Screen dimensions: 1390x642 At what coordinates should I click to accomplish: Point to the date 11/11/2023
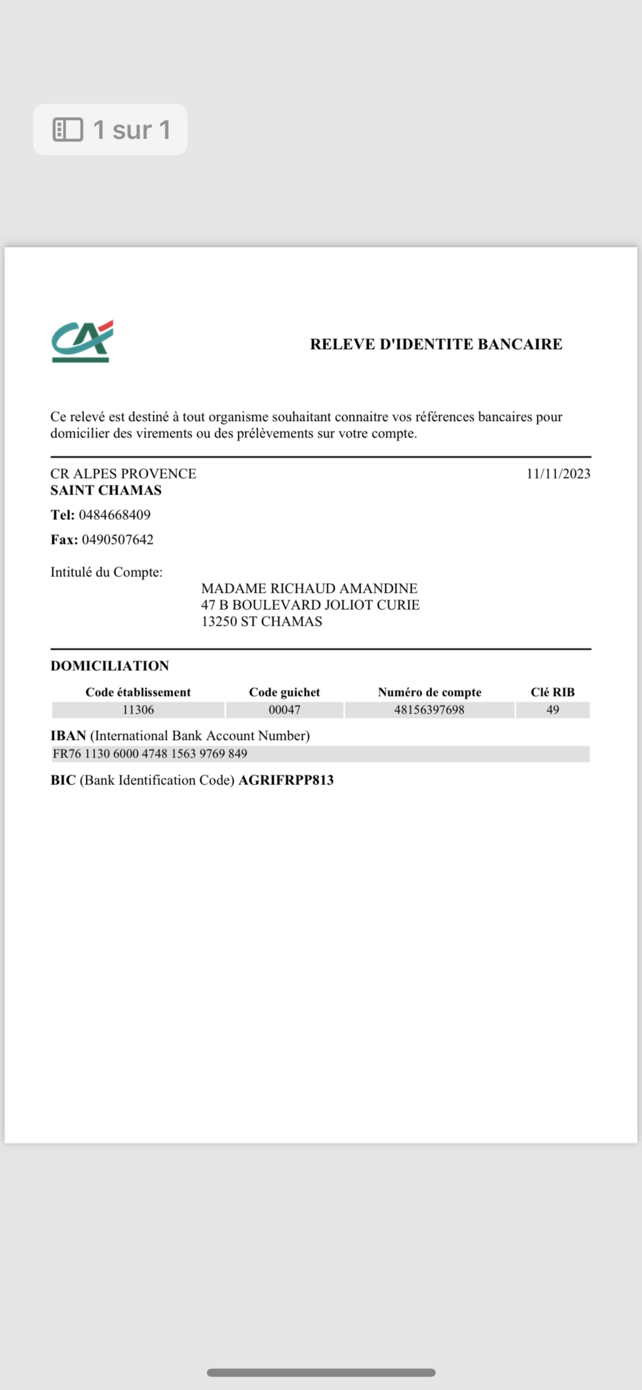[558, 474]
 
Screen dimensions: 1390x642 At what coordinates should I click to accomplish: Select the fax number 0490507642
[117, 540]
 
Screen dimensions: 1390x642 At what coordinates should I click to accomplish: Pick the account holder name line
[309, 588]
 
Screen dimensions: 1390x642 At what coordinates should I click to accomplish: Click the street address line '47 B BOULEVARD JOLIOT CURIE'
[310, 605]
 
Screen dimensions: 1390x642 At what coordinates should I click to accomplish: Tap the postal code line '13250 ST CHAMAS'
[262, 622]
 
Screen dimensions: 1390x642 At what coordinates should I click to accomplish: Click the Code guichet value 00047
[284, 709]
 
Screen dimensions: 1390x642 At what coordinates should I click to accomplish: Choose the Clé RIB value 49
[552, 709]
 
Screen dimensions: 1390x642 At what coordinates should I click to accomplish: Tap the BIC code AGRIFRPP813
[286, 780]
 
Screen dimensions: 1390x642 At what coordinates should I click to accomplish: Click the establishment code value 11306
[138, 709]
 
